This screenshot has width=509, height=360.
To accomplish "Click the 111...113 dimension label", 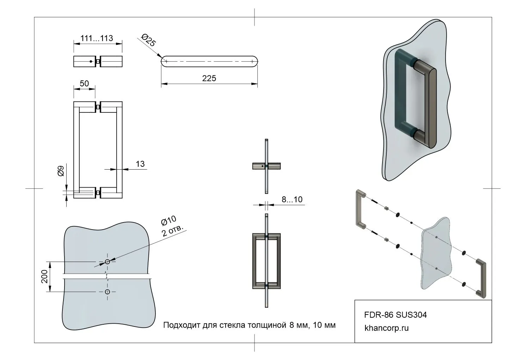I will (97, 38).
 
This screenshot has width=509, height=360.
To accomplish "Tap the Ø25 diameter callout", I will (148, 40).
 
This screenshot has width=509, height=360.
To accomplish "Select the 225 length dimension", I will (209, 78).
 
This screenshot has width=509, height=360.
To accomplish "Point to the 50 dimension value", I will (84, 84).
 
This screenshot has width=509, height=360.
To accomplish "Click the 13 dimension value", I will (140, 164).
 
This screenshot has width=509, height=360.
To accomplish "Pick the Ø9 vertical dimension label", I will (61, 171).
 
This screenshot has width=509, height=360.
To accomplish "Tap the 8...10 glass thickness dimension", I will (292, 200).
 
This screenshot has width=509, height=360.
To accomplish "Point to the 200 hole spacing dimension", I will (44, 276).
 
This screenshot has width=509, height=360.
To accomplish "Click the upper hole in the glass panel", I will (108, 262).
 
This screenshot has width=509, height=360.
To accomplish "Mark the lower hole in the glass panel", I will (108, 291).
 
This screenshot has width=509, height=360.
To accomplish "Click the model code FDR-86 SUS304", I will (395, 315).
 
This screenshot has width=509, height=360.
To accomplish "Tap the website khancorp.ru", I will (387, 328).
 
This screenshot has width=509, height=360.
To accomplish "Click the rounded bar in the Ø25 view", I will (209, 61).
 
